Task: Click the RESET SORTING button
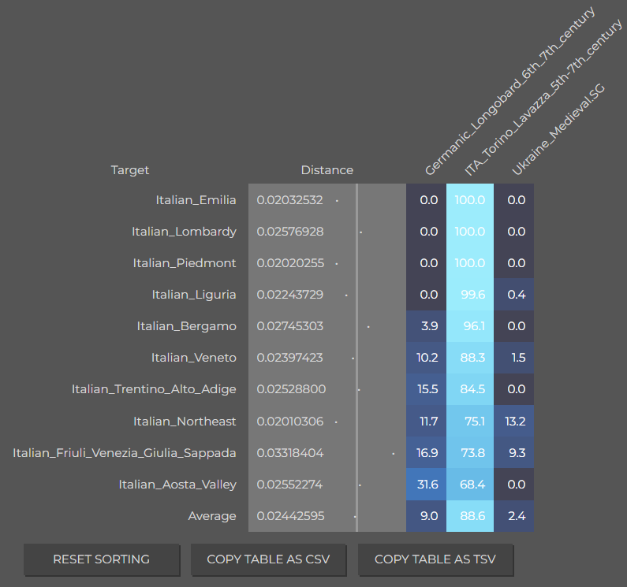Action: click(102, 559)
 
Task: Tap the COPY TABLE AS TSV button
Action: click(435, 559)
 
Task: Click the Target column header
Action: click(130, 170)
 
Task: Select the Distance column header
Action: click(327, 170)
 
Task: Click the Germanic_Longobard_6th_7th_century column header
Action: click(509, 92)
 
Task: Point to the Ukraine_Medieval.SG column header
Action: click(558, 129)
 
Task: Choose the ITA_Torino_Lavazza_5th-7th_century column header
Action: click(543, 98)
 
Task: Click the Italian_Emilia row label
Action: click(196, 200)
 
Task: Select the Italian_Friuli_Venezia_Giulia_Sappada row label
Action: click(125, 453)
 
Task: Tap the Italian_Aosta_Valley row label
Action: click(177, 485)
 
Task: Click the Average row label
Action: click(212, 516)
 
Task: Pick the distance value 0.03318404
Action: click(290, 453)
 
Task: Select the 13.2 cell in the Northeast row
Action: click(514, 422)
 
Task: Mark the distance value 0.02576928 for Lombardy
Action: click(290, 232)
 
